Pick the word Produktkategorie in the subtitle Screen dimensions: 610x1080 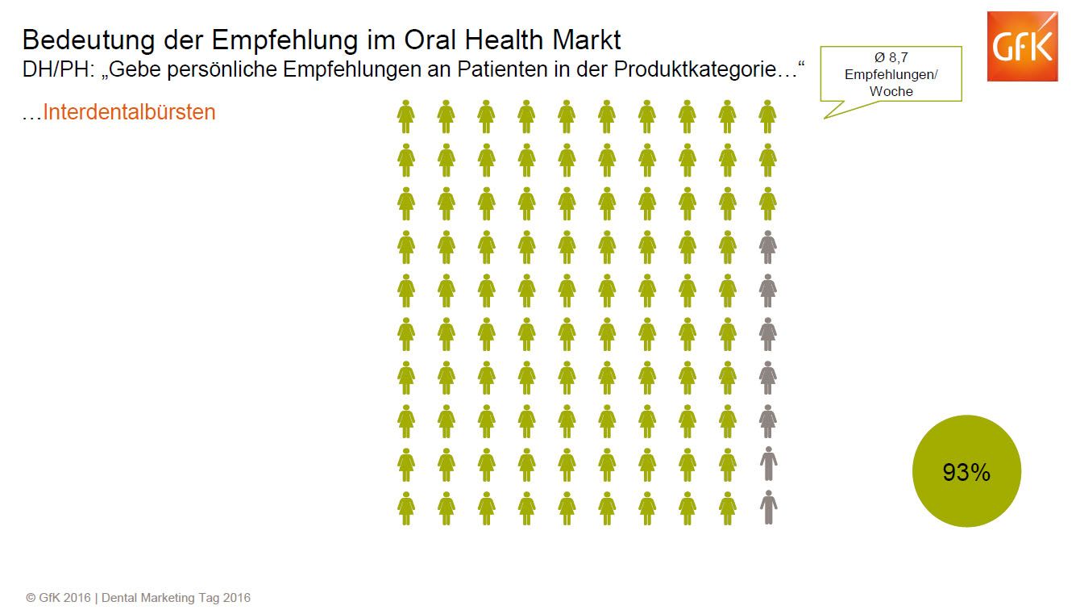(692, 70)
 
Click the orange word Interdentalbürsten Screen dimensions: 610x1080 (129, 111)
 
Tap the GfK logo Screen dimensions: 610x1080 (1022, 47)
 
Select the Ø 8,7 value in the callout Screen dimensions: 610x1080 (891, 57)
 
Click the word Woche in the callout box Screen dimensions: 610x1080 (891, 91)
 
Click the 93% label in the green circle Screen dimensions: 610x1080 (966, 473)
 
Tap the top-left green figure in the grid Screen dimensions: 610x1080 (406, 116)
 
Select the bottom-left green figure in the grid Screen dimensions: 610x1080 (406, 508)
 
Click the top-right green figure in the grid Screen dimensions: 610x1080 (768, 116)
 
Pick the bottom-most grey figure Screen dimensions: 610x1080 (769, 508)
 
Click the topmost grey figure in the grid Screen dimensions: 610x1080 (768, 246)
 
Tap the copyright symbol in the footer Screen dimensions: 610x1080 (31, 598)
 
